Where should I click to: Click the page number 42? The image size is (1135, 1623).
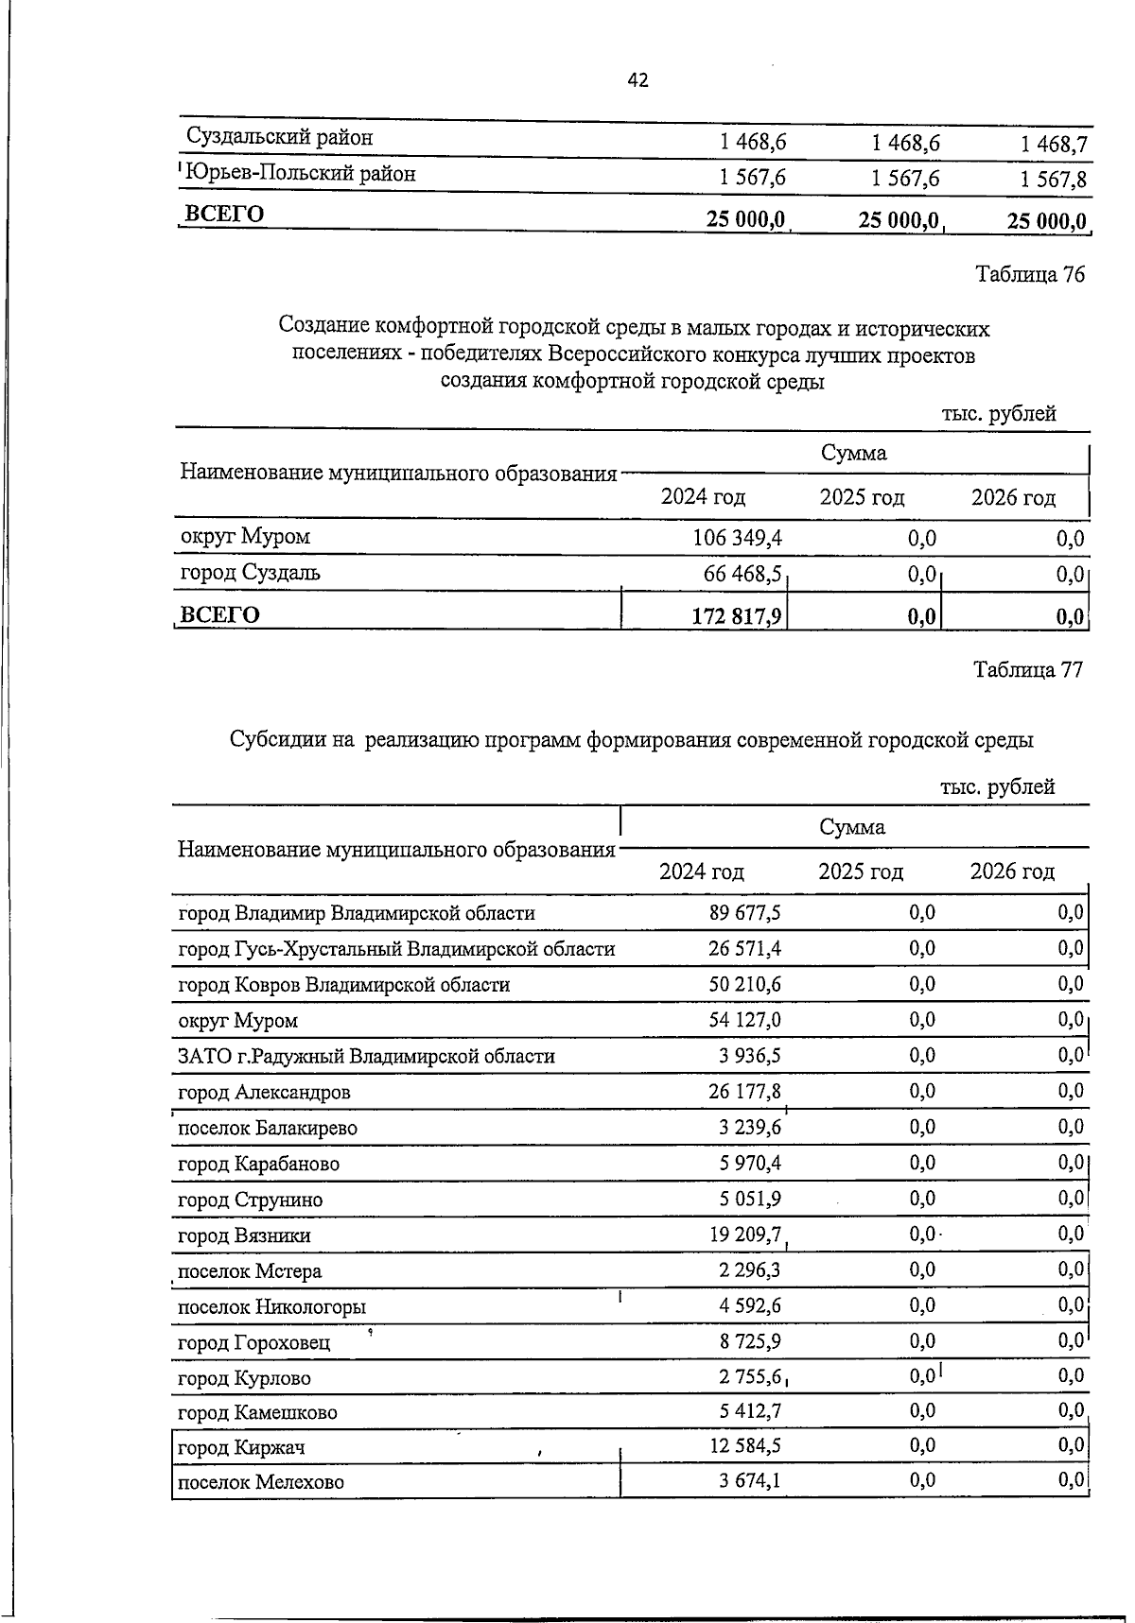637,81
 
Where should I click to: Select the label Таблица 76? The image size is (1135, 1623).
1029,275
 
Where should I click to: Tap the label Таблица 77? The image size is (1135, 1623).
1028,670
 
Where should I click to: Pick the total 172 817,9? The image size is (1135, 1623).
739,616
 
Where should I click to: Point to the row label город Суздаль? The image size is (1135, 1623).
250,573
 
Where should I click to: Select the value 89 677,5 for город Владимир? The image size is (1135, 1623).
744,913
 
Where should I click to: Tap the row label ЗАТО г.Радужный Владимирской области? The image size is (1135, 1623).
366,1057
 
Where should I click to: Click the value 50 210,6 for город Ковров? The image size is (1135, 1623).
744,985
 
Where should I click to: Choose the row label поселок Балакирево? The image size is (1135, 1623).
268,1129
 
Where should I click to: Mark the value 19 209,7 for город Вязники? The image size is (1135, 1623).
744,1235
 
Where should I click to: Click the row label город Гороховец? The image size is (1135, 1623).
254,1343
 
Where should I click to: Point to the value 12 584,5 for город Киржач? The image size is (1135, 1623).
744,1446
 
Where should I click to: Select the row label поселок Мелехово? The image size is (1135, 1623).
261,1482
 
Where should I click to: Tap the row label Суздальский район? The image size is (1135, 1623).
279,138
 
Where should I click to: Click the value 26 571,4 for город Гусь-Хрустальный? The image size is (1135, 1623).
744,949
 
